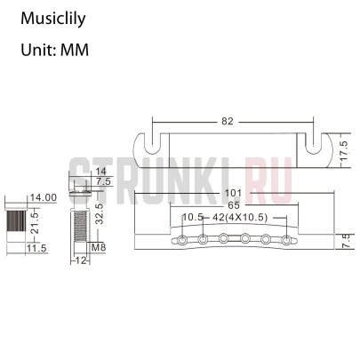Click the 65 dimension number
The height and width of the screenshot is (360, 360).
[233, 204]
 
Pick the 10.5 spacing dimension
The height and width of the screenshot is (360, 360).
[191, 218]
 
